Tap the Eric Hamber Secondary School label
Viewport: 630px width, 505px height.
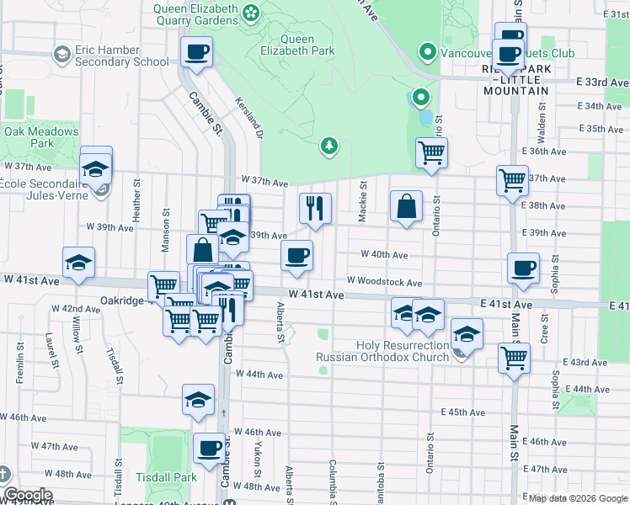(x=119, y=56)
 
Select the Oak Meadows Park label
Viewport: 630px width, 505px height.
(x=41, y=137)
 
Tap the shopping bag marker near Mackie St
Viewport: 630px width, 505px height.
(x=406, y=206)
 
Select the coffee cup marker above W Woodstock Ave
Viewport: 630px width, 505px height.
(x=296, y=255)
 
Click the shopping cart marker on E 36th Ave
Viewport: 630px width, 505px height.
(x=431, y=153)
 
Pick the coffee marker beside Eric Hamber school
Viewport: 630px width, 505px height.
(x=197, y=52)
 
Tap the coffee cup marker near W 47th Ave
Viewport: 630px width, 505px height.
(x=209, y=448)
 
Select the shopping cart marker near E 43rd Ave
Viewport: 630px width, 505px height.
(x=514, y=357)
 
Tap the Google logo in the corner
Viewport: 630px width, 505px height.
(x=27, y=495)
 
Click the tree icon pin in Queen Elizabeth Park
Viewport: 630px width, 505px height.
(x=329, y=147)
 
